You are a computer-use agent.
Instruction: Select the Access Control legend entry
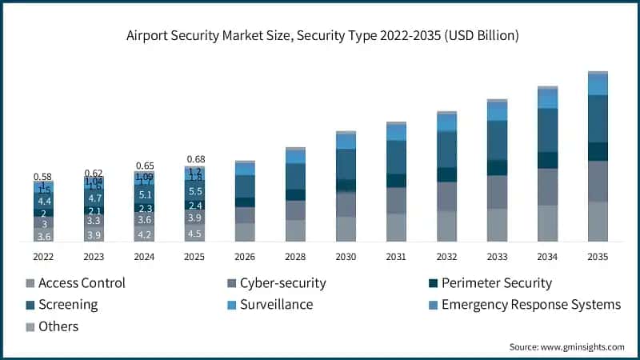76,282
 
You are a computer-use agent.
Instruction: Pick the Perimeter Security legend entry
490,282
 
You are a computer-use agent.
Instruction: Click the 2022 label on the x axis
44,257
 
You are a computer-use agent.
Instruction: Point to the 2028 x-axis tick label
295,257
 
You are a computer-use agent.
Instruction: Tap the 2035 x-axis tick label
598,257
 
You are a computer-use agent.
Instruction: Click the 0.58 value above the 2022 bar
43,176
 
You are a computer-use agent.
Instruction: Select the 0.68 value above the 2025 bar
195,159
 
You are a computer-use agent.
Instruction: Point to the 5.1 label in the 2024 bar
145,194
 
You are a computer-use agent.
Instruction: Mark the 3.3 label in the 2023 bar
94,220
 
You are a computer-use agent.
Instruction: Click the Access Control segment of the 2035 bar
598,222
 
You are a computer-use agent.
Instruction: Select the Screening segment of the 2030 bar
346,164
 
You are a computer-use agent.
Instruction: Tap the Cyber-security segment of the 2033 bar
497,192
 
